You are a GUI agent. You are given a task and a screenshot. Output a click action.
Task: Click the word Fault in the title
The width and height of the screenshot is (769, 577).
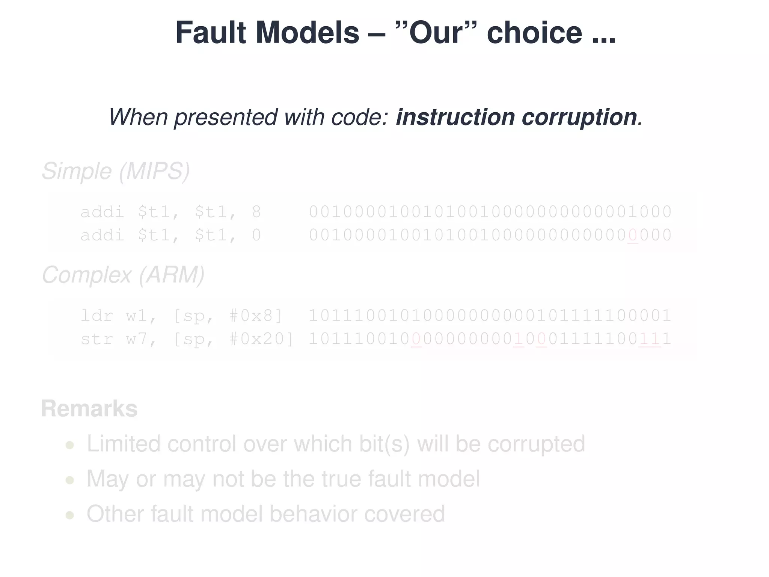(x=210, y=33)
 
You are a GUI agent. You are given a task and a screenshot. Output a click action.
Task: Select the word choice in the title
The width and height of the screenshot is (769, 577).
(x=534, y=33)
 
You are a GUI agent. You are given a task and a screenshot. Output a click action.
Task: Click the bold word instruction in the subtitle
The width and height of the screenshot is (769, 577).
(x=455, y=117)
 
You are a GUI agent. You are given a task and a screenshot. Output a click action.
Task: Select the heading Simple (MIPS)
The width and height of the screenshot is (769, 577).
(x=116, y=171)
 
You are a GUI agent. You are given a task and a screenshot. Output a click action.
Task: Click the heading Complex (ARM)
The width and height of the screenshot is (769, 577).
(x=123, y=275)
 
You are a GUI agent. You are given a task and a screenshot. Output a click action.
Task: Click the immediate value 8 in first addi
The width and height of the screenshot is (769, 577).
(x=256, y=212)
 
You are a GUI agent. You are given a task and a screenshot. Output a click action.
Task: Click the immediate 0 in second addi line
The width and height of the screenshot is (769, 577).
(x=256, y=236)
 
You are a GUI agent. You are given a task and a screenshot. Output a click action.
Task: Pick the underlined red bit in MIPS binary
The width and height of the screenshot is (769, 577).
(x=632, y=236)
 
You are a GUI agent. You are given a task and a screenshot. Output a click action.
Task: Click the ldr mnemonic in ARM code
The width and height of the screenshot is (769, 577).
(x=97, y=316)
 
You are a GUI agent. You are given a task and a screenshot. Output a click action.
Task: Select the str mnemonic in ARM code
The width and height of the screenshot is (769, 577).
(x=97, y=339)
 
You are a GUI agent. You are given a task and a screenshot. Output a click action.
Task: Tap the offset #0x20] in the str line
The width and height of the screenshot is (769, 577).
(x=261, y=339)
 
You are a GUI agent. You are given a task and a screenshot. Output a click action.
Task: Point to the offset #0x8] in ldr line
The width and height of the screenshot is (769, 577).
(x=255, y=316)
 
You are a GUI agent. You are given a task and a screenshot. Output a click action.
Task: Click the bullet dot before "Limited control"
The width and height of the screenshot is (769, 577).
(x=69, y=445)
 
